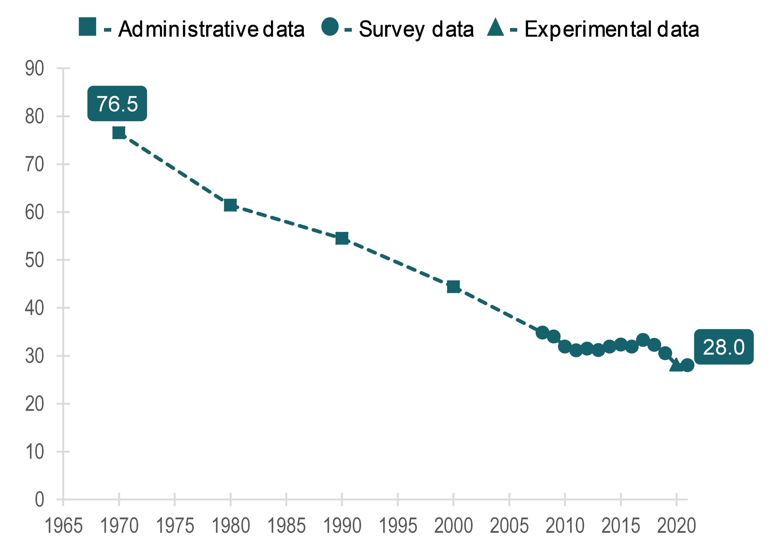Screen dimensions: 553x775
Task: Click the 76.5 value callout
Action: click(x=117, y=103)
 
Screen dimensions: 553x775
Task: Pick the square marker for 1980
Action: click(x=230, y=205)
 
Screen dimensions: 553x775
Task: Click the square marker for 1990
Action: click(x=342, y=238)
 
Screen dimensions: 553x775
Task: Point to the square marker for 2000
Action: click(x=453, y=287)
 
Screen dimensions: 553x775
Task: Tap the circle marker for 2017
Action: click(x=643, y=340)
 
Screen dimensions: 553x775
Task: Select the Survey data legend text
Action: click(x=416, y=29)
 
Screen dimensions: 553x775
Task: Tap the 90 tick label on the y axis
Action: click(x=34, y=68)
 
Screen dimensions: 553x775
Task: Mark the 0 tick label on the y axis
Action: click(x=40, y=500)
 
